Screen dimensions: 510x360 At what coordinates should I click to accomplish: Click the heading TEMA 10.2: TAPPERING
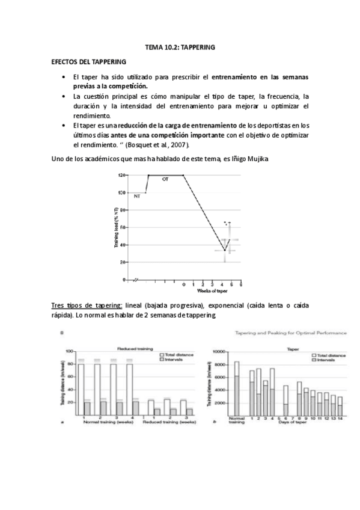coord(180,46)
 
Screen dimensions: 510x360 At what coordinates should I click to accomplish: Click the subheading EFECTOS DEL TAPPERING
coord(88,62)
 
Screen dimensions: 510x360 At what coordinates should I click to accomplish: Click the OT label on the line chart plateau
coord(165,179)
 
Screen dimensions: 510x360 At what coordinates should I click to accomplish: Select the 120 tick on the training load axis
coord(122,175)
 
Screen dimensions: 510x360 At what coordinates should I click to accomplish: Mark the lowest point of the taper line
coord(224,250)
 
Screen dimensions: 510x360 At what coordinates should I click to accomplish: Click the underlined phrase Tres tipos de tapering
coord(87,306)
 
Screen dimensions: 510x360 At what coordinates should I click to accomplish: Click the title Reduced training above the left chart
coord(134,348)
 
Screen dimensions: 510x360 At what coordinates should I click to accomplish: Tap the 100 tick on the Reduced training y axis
coord(69,351)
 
